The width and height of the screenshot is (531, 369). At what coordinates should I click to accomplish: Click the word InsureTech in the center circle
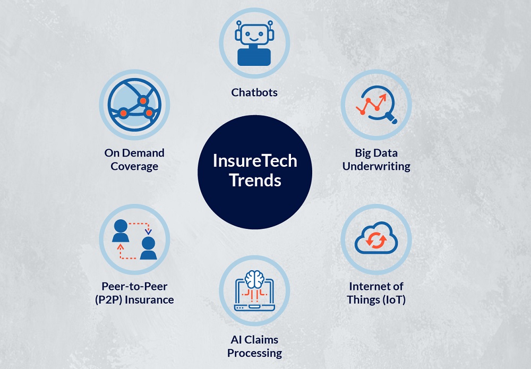255,161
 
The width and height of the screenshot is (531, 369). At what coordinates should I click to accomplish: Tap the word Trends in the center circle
255,180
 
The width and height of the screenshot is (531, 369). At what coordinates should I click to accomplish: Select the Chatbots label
254,92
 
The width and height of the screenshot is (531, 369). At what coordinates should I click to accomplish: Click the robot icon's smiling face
254,35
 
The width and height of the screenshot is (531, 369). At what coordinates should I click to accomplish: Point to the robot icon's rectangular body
254,57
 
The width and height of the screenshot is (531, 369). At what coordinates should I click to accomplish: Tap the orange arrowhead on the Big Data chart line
383,98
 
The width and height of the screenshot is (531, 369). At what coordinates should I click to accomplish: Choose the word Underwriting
376,167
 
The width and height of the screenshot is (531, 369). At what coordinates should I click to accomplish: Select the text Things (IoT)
376,300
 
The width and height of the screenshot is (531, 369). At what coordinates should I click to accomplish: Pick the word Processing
255,353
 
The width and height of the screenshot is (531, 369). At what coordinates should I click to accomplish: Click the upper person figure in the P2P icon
121,231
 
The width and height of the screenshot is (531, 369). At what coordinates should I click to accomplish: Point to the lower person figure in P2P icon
148,248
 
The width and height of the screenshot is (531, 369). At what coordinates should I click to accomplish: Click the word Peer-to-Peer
134,286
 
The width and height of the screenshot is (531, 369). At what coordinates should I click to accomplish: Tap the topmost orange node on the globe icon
143,100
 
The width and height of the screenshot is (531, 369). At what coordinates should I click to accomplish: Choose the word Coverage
134,167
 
